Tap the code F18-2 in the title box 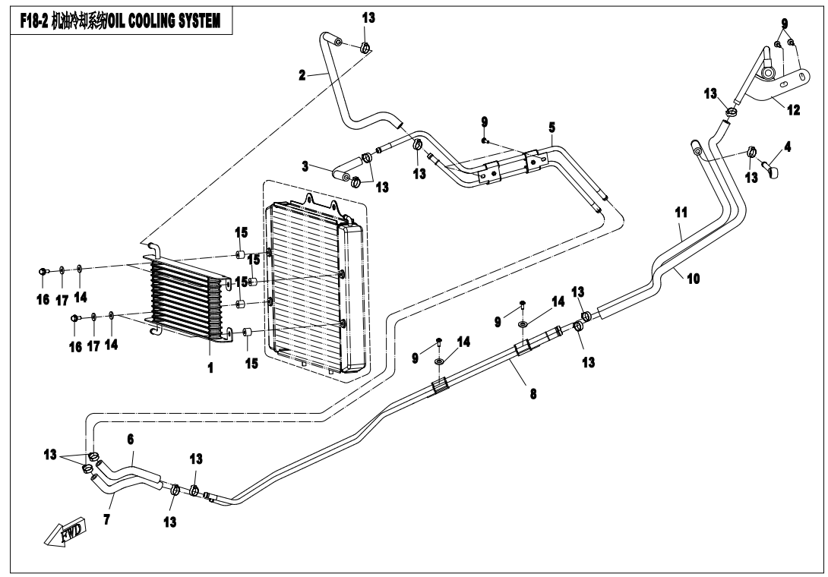tap(36, 20)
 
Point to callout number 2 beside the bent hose tap(302, 75)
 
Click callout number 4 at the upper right tap(787, 147)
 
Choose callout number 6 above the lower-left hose tap(130, 439)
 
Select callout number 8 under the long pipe tap(533, 395)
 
